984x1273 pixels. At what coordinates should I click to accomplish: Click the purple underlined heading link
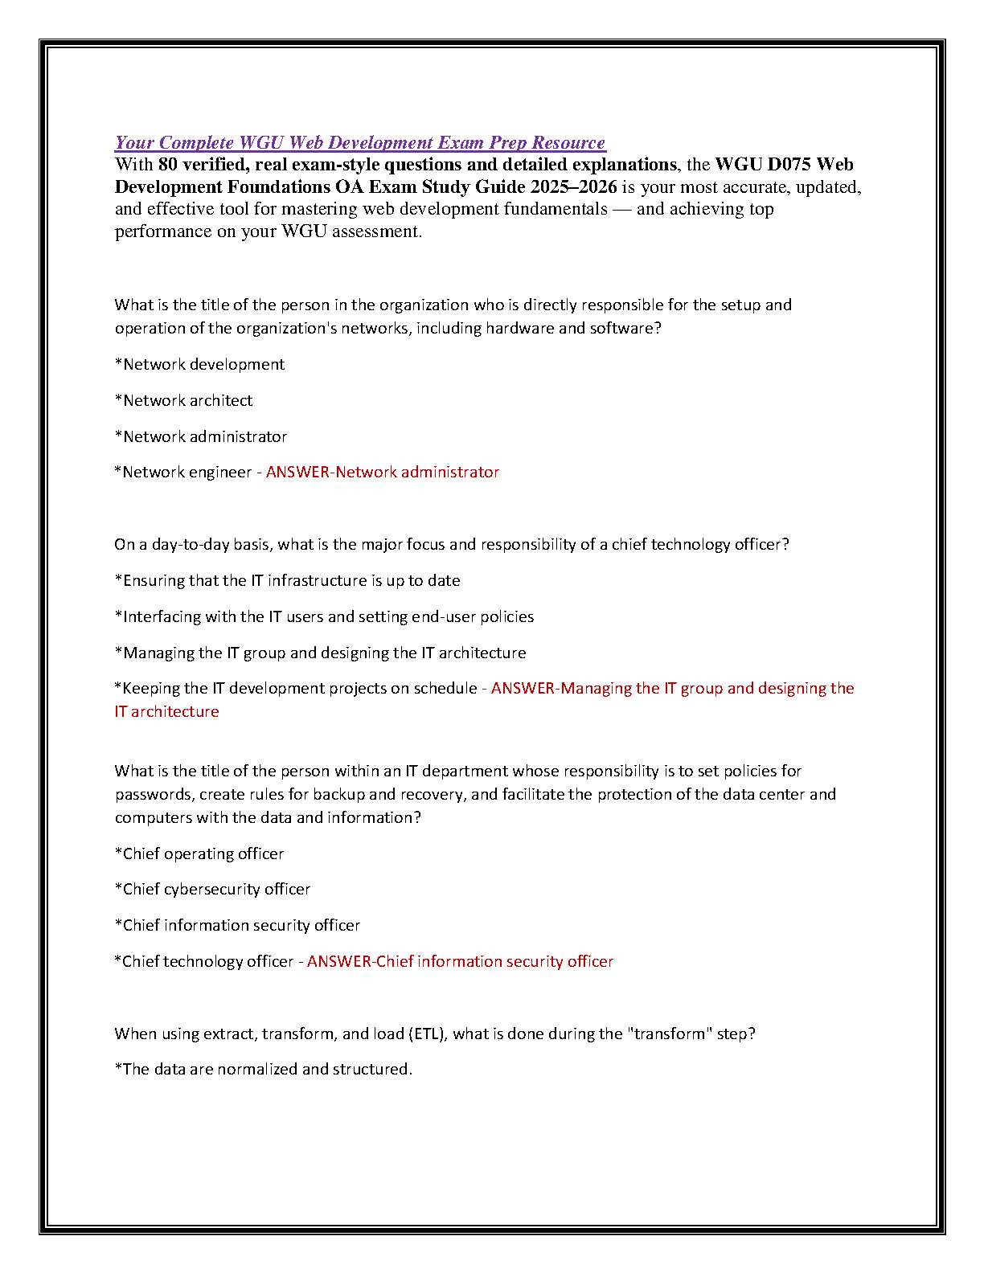click(x=359, y=143)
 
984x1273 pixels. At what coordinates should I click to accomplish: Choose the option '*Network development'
click(x=199, y=365)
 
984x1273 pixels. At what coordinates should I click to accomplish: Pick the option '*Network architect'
click(x=183, y=400)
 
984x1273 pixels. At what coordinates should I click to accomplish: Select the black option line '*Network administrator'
click(x=201, y=436)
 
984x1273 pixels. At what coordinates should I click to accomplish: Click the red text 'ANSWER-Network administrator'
click(x=383, y=473)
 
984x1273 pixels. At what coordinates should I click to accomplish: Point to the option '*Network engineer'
click(x=183, y=473)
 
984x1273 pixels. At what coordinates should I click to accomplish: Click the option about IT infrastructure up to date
click(x=288, y=580)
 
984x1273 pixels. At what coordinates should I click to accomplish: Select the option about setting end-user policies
click(x=325, y=616)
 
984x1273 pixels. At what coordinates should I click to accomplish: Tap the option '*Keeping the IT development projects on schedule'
click(x=296, y=689)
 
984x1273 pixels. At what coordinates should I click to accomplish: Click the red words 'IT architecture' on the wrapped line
click(x=166, y=712)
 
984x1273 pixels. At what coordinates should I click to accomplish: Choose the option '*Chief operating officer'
click(x=199, y=853)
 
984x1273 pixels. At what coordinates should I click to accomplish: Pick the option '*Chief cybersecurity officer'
click(x=212, y=889)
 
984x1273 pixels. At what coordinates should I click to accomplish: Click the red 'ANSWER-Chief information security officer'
click(x=460, y=961)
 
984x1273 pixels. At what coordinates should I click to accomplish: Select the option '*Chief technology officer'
click(x=204, y=961)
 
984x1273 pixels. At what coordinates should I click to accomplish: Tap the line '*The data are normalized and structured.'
click(x=264, y=1069)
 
